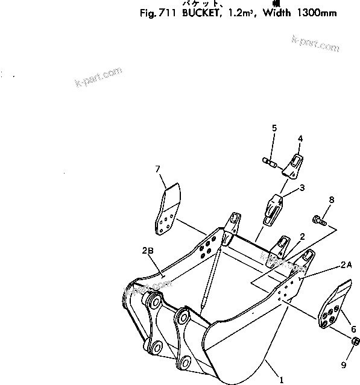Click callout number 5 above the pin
point(274,128)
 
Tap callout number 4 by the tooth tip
point(300,139)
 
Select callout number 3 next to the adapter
point(302,187)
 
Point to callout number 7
point(158,168)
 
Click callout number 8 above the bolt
point(330,199)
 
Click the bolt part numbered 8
point(318,221)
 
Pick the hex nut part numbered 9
point(355,342)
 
